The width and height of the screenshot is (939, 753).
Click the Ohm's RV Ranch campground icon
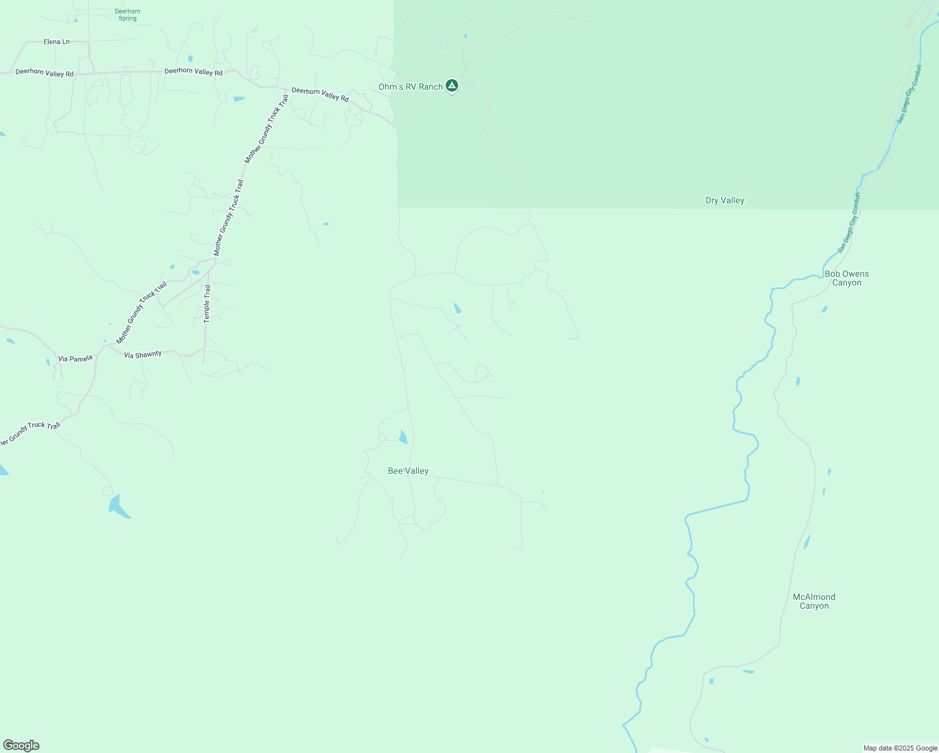tap(451, 85)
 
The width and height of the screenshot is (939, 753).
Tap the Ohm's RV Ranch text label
tap(410, 87)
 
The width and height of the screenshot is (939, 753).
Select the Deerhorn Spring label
tap(127, 15)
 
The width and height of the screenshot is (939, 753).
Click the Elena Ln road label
tap(56, 42)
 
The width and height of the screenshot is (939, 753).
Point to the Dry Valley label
tap(724, 201)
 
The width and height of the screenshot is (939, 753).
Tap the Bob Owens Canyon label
tap(847, 279)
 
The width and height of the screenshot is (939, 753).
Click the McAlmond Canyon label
tap(813, 601)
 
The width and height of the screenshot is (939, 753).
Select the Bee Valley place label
tap(408, 471)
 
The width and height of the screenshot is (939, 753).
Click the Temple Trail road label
tap(207, 304)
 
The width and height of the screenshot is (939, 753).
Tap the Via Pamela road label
tap(75, 359)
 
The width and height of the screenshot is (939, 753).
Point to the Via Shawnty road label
tap(142, 355)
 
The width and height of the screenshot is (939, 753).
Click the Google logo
tap(21, 745)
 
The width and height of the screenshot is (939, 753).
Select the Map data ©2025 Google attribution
tap(900, 748)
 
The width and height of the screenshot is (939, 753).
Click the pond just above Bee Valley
tap(403, 437)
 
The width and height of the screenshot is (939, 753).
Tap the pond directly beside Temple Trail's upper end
tap(195, 272)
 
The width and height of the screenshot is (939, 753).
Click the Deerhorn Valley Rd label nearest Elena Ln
tap(45, 73)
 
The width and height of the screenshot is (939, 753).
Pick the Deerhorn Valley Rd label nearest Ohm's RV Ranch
tap(320, 94)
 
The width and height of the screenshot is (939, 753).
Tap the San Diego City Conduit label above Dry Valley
tap(909, 94)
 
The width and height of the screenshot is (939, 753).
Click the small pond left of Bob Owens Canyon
tap(824, 309)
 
